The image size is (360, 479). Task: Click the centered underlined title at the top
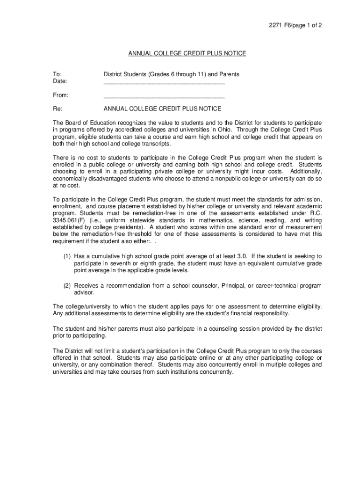(187, 54)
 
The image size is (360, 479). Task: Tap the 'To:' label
(57, 74)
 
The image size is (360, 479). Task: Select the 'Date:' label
(60, 81)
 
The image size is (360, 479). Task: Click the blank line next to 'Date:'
(164, 83)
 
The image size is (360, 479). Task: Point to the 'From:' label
(61, 95)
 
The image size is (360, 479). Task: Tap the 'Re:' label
(58, 109)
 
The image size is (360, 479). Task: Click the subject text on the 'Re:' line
(162, 109)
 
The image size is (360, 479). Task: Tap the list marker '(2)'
(67, 285)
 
